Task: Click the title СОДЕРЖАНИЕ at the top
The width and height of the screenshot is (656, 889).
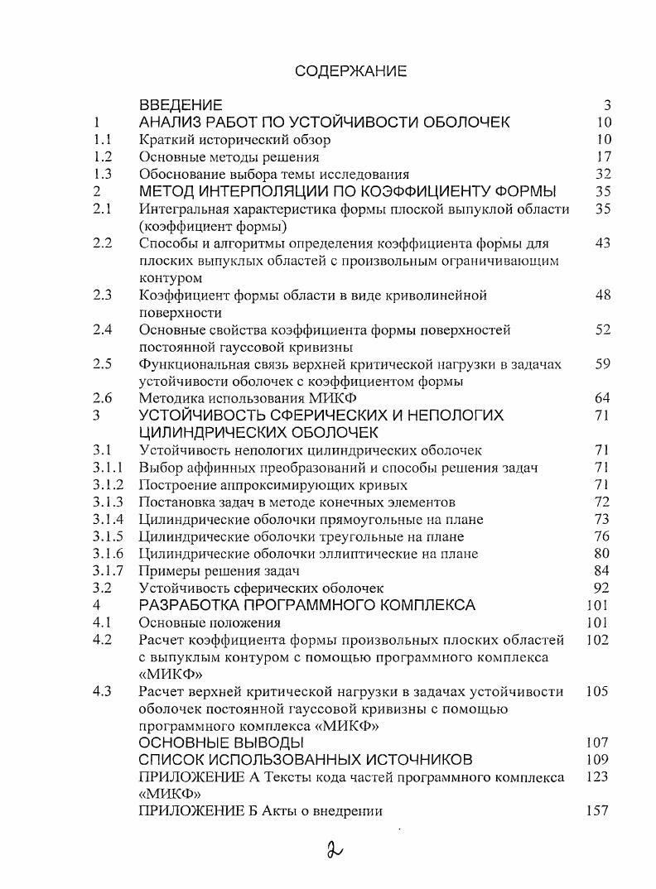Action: coord(350,71)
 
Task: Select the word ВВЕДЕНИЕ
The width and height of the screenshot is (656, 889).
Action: coord(181,105)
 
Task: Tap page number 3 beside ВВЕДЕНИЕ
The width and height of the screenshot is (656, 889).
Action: coord(607,105)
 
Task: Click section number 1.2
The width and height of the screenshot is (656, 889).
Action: coord(103,156)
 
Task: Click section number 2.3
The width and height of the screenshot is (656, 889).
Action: coord(103,295)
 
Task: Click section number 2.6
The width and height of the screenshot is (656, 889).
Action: coord(103,398)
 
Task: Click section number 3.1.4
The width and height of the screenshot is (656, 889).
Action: coord(109,519)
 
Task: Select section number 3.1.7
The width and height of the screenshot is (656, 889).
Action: coord(109,571)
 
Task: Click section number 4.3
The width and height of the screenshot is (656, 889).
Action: coord(103,691)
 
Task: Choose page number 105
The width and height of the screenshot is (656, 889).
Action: coord(596,691)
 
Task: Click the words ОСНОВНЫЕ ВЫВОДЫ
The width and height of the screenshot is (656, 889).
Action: coord(221,742)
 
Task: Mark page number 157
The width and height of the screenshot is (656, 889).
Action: coord(596,811)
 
